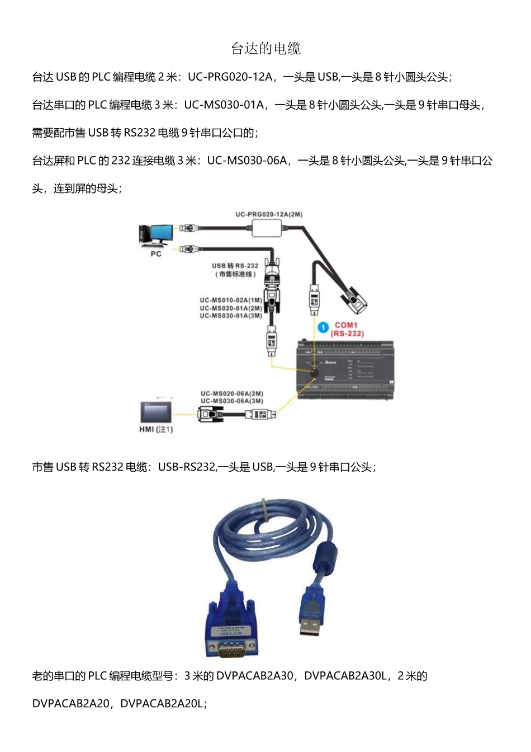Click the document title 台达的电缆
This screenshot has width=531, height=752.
coord(265,49)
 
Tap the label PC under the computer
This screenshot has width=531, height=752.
coord(156,254)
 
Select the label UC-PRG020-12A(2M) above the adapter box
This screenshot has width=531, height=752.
coord(269,214)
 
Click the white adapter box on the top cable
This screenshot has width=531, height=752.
coord(267,228)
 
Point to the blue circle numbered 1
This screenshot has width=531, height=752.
coord(323,327)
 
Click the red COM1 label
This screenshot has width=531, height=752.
coord(346,325)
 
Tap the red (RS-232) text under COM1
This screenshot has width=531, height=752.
coord(347,333)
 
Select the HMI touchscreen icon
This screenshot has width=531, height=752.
coord(156,412)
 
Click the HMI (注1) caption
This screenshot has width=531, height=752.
coord(156,429)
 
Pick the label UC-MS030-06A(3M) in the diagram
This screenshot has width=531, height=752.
coord(232,401)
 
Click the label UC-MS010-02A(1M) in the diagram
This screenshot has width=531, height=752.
coord(231,300)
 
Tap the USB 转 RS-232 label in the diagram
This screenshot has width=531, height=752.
coord(235,266)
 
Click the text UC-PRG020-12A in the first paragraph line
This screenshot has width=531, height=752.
coord(230,77)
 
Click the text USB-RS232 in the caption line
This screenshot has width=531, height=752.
coord(187,467)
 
